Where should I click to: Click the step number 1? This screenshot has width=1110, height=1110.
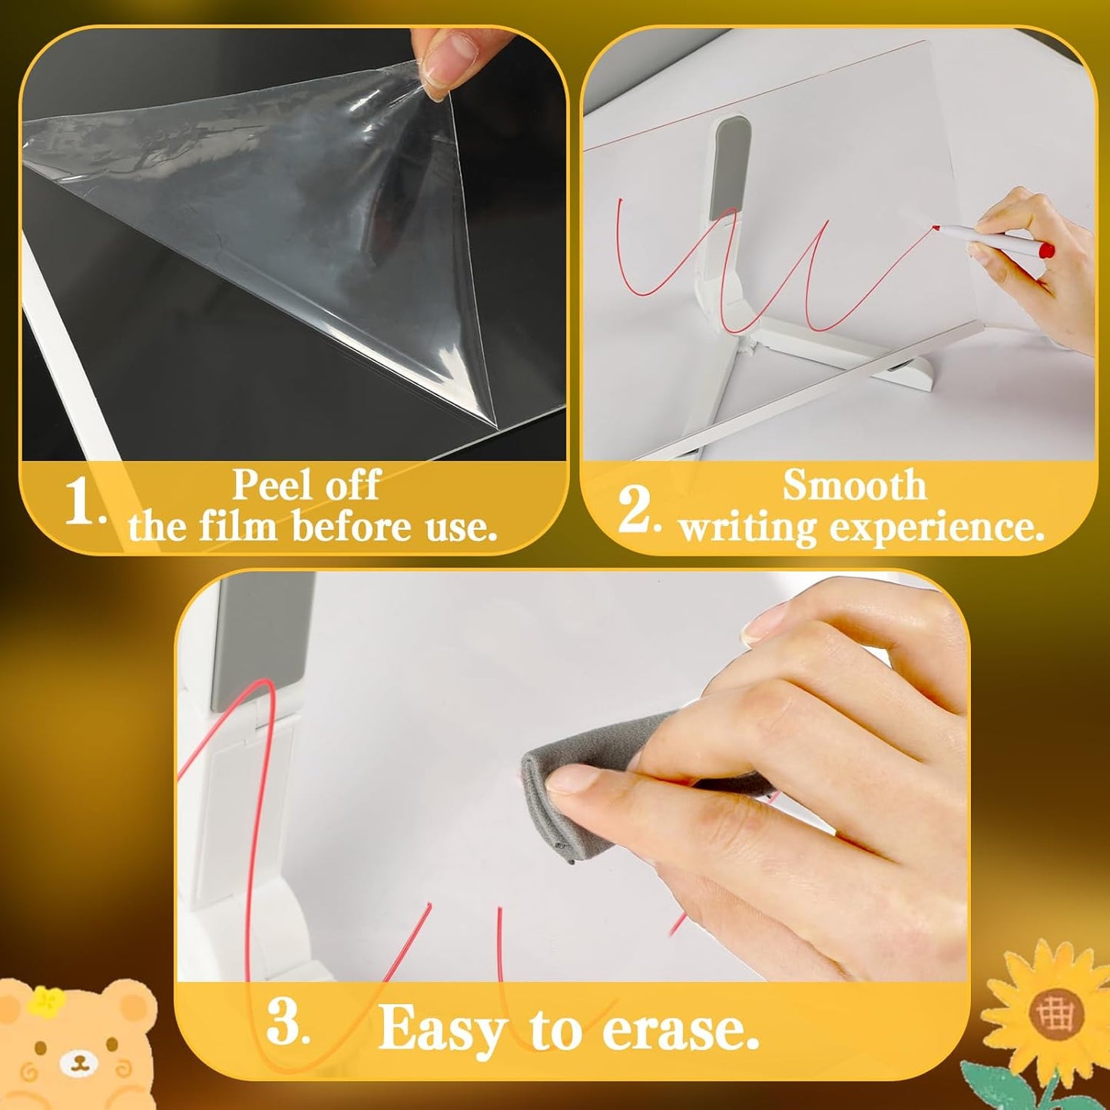click(x=81, y=505)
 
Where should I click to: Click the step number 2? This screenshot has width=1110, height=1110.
click(x=635, y=510)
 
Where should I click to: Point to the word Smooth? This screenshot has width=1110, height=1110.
click(x=854, y=485)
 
